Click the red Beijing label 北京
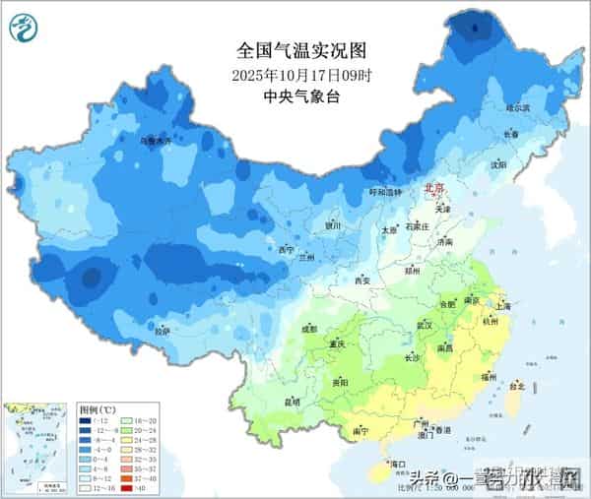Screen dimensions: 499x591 pyautogui.click(x=434, y=186)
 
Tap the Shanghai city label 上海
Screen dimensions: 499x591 pyautogui.click(x=504, y=306)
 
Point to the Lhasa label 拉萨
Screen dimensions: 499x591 pyautogui.click(x=162, y=331)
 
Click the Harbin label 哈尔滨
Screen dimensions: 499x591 pyautogui.click(x=518, y=107)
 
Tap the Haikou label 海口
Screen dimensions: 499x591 pyautogui.click(x=398, y=463)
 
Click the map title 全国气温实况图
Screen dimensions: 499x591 pyautogui.click(x=295, y=49)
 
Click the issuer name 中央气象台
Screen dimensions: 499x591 pyautogui.click(x=295, y=96)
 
